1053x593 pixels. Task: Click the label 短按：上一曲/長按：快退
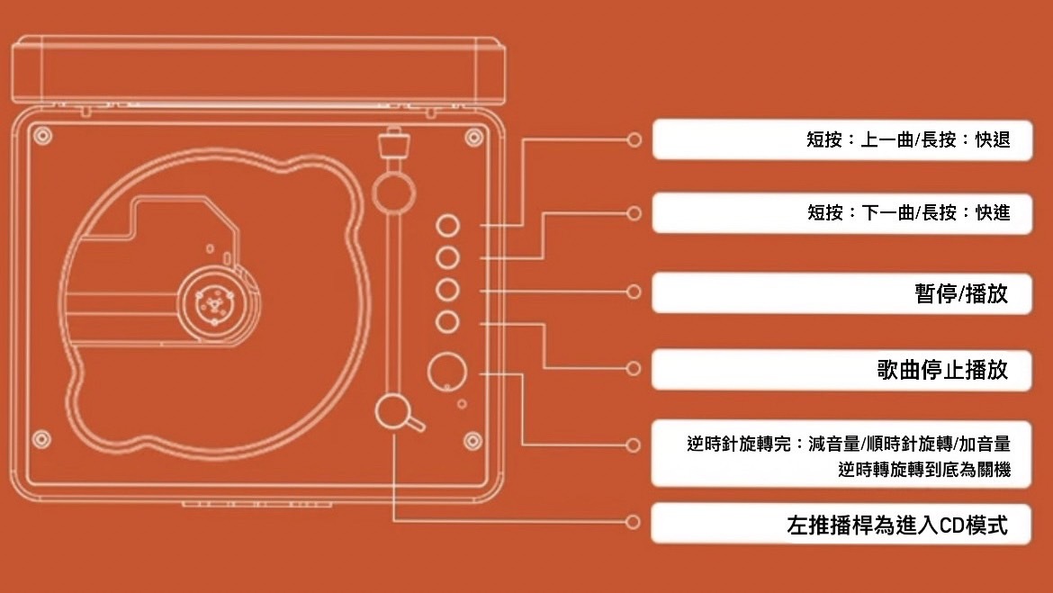[908, 140]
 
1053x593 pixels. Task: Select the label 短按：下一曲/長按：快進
[908, 213]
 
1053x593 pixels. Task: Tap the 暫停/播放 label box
[961, 293]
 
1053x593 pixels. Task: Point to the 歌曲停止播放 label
[942, 369]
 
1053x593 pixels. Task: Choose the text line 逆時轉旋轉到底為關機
[923, 470]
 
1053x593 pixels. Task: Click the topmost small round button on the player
[447, 225]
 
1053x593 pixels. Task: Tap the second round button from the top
[447, 258]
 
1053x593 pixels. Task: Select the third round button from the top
[447, 291]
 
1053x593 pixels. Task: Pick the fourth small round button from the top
[447, 322]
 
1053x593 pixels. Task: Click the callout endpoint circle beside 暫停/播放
[634, 292]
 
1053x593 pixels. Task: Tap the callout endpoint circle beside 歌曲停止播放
[634, 368]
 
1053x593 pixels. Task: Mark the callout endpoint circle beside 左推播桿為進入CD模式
[634, 522]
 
